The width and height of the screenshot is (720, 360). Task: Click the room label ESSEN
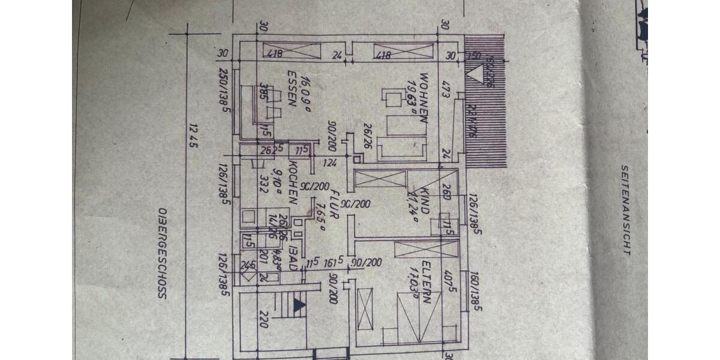pos(293,88)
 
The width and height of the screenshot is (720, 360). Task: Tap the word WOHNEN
pos(424,98)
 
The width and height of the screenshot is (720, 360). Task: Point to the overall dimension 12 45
pos(193,136)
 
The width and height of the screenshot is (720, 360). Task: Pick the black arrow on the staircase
pos(299,305)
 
